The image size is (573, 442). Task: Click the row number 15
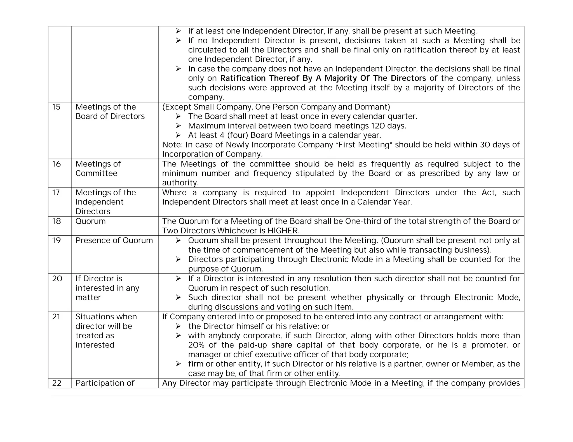point(56,107)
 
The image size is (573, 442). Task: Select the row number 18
point(57,221)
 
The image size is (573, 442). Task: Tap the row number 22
point(57,383)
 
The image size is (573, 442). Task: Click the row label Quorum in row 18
point(91,221)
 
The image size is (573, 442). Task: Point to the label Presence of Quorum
point(114,241)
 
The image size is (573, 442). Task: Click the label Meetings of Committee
point(98,168)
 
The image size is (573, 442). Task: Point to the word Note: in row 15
point(172,145)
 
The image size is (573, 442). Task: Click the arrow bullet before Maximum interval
point(179,126)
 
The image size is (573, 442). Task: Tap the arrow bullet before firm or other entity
point(179,364)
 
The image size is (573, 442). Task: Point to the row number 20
point(57,279)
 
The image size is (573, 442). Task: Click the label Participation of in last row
point(105,383)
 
